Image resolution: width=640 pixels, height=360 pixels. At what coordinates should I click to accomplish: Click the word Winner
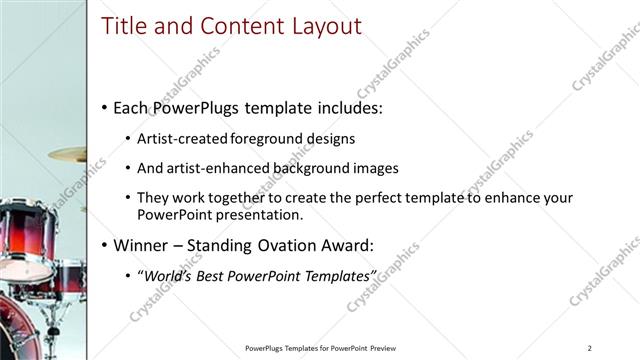pyautogui.click(x=143, y=245)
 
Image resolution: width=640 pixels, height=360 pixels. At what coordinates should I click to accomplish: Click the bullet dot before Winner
pyautogui.click(x=105, y=245)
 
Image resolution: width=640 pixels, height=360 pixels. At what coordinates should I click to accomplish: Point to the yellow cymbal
pyautogui.click(x=68, y=153)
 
